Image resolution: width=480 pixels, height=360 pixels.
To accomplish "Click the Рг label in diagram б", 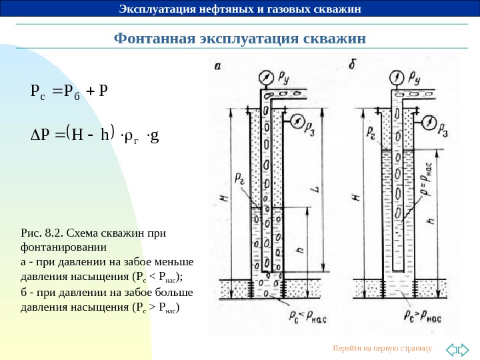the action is (370, 135).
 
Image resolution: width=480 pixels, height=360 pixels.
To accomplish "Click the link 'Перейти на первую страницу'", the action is (382, 349).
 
